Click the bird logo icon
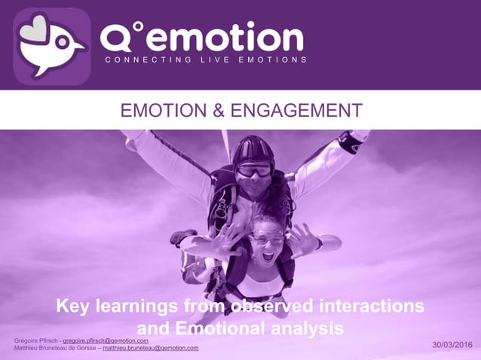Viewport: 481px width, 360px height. [52, 46]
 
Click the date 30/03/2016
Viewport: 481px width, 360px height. [452, 345]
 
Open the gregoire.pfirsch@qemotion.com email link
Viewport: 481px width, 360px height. [106, 340]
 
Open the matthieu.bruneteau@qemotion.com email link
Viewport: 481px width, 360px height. [150, 348]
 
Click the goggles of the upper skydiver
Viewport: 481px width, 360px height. [255, 170]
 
